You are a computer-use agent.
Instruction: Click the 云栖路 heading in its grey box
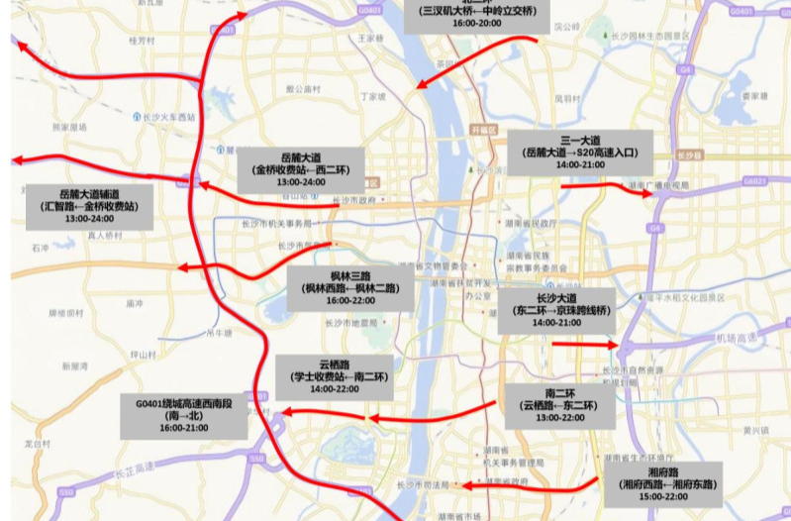point(332,363)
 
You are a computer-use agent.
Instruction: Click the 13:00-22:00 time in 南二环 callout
point(558,418)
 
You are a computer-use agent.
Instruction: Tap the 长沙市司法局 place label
point(423,485)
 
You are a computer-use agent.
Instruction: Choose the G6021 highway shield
point(754,181)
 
